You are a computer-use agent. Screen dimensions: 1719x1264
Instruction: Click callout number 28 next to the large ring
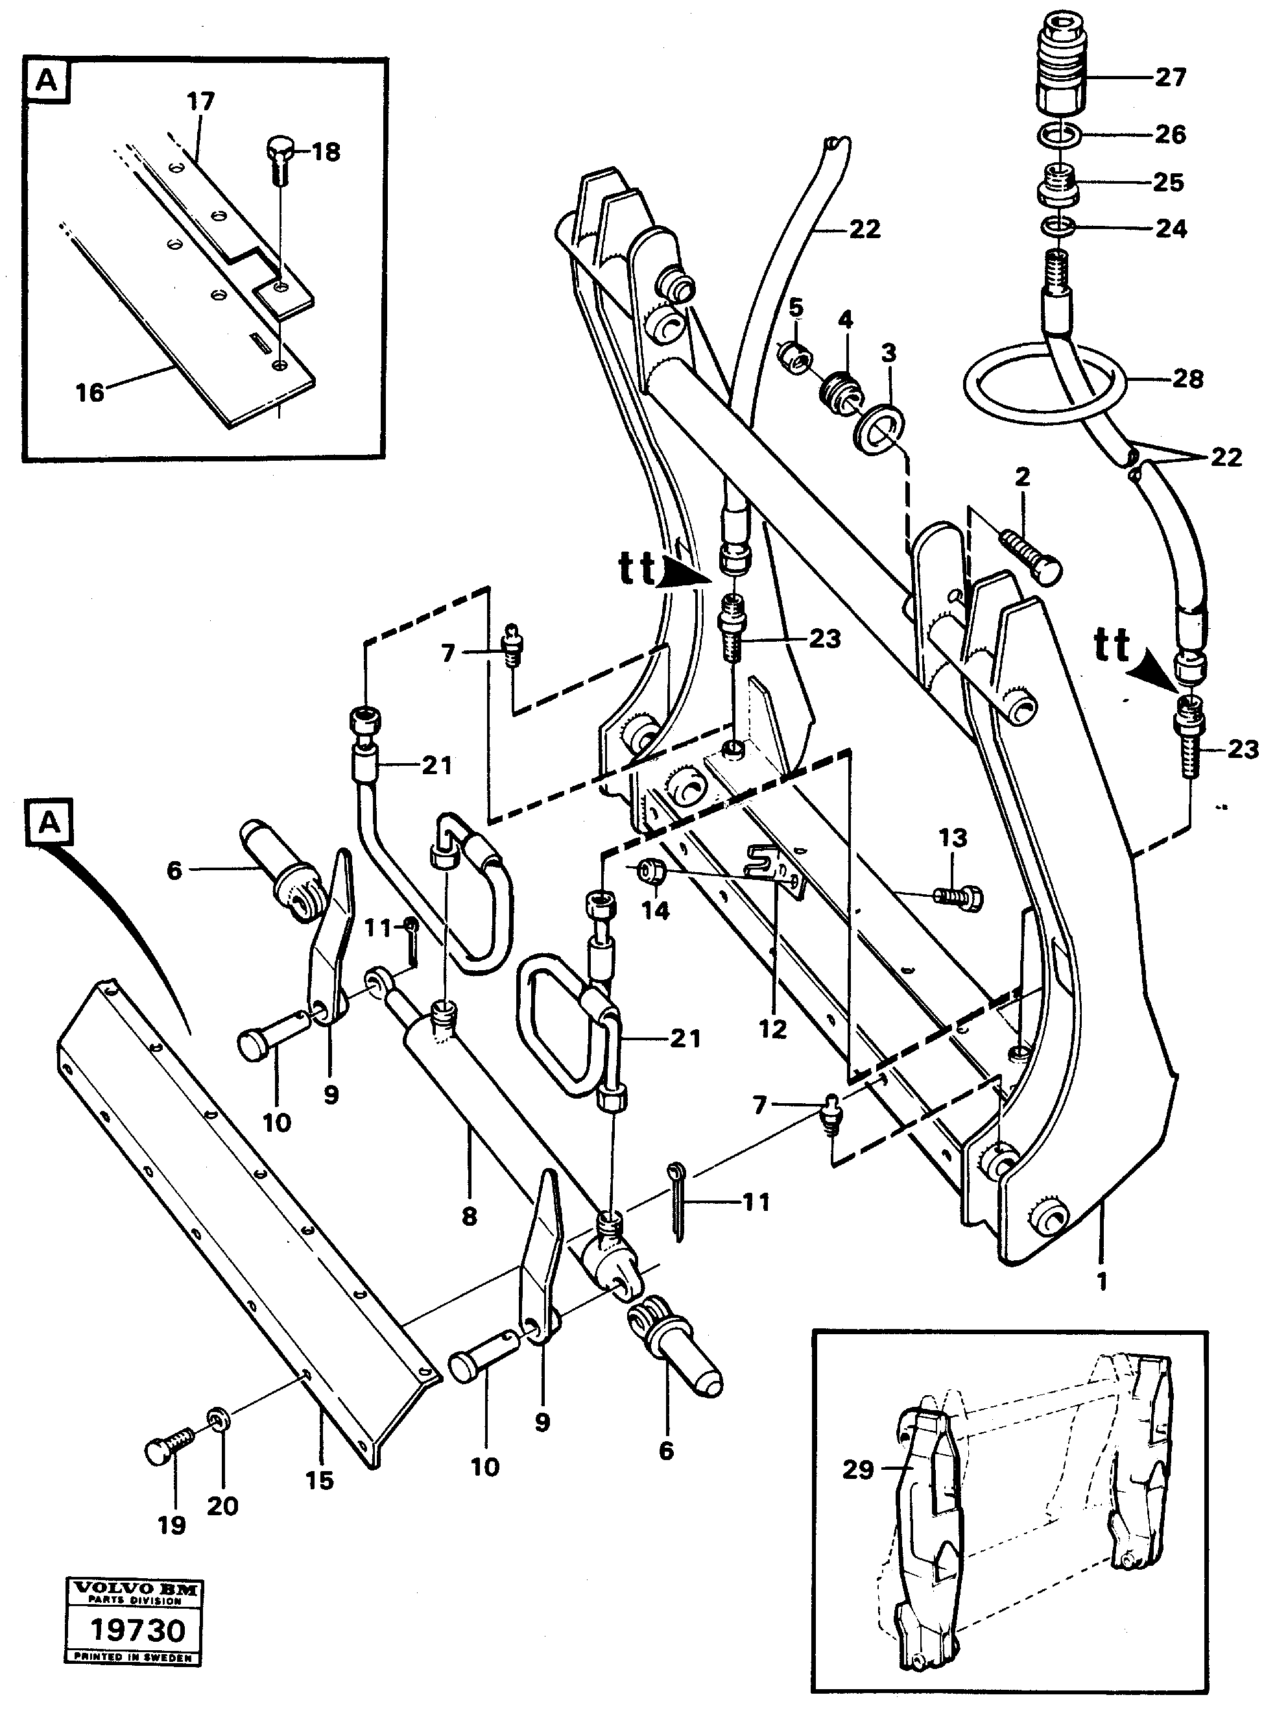(1187, 378)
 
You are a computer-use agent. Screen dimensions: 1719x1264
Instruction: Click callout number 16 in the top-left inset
(89, 393)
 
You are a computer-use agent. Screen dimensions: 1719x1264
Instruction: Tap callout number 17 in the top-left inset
(200, 101)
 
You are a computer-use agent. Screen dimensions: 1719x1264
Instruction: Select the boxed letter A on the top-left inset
(47, 80)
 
